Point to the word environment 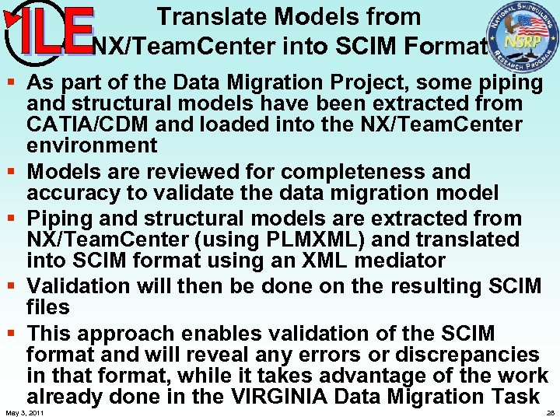(92, 145)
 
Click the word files (47, 307)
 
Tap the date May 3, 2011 (24, 413)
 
